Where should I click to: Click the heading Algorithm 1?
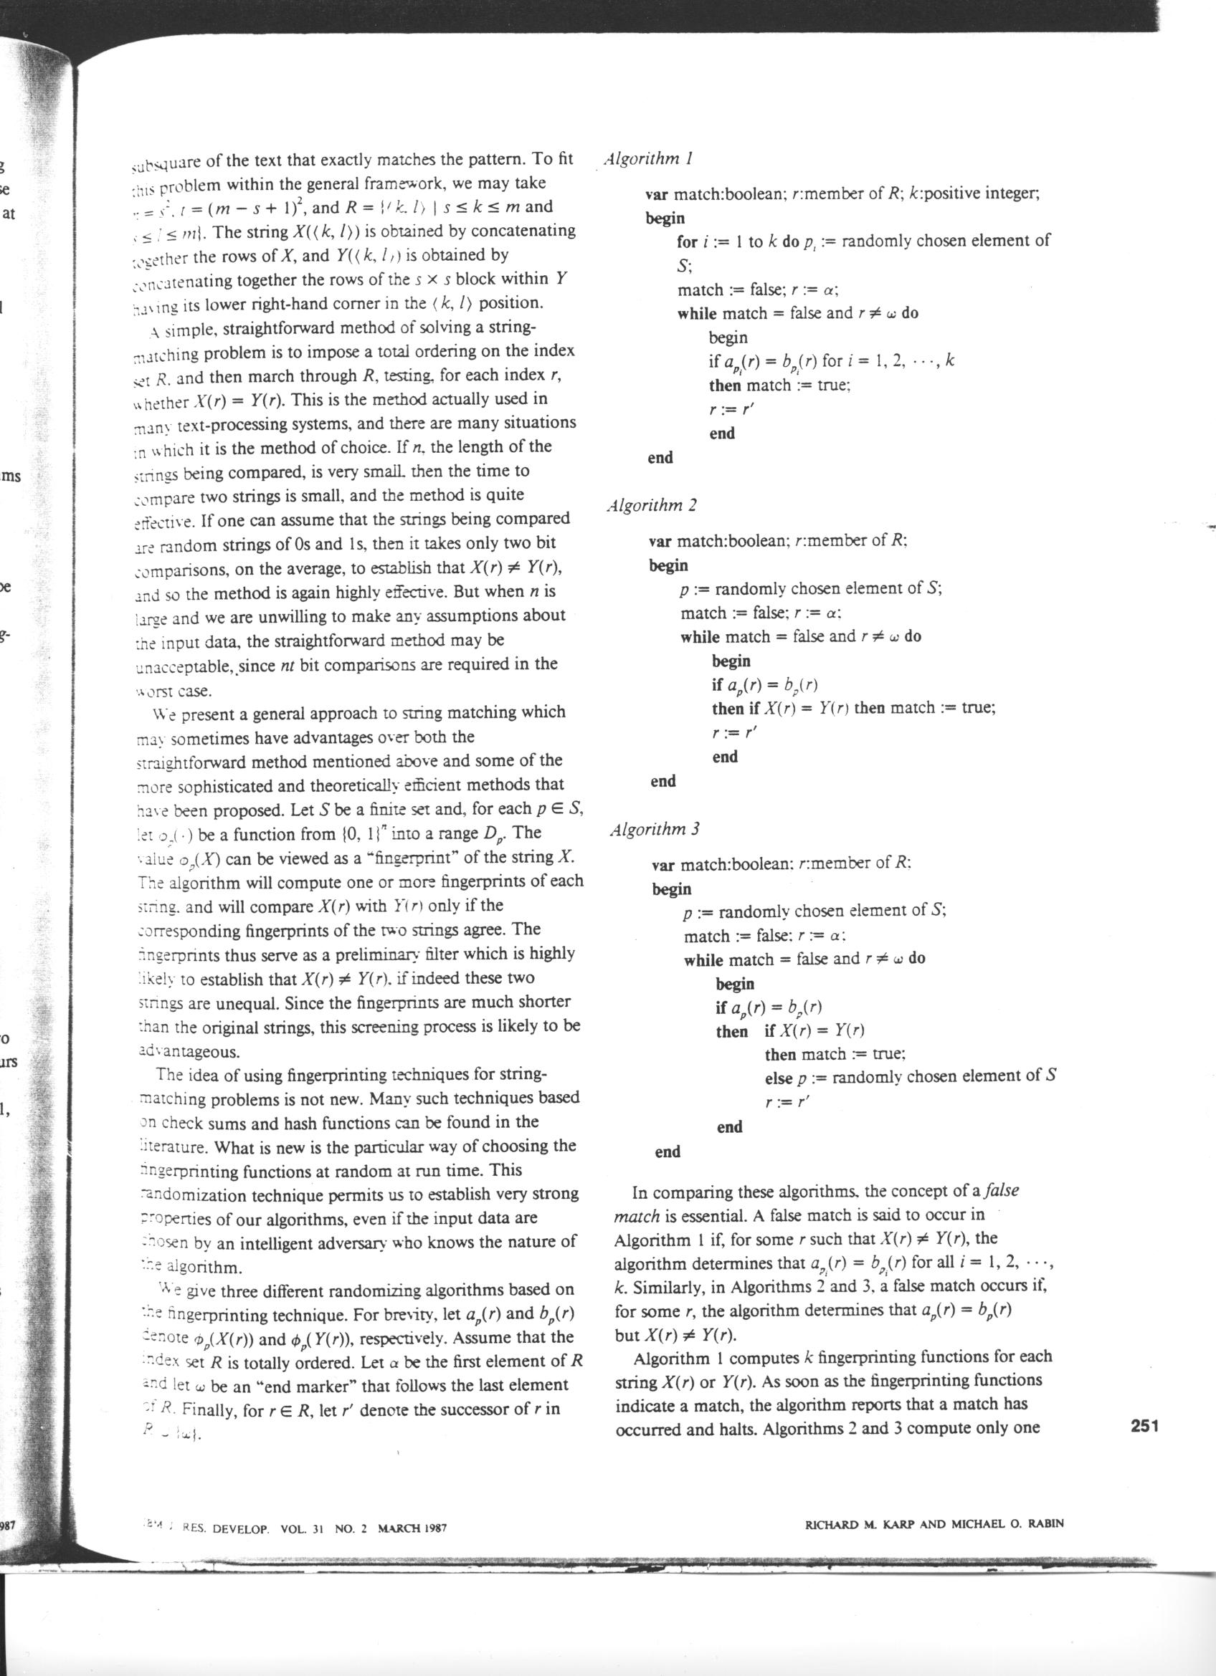647,158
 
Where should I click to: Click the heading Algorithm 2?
651,505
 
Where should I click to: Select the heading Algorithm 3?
654,829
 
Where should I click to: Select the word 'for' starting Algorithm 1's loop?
687,241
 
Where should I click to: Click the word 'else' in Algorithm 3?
779,1078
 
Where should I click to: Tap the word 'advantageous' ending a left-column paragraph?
188,1052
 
